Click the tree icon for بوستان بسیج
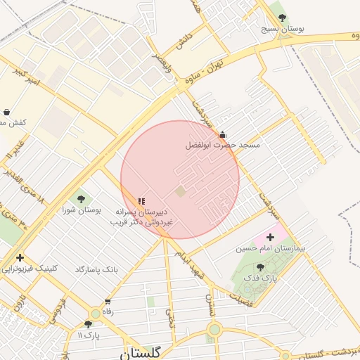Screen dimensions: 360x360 283,18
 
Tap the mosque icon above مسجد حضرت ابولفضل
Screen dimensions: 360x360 223,134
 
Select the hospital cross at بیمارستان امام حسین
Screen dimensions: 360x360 270,238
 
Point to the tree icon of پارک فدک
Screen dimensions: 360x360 261,267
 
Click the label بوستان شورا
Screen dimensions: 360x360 82,210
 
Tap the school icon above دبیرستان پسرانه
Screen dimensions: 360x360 141,201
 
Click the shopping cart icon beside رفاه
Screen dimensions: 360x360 108,302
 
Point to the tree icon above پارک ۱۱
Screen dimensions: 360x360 88,324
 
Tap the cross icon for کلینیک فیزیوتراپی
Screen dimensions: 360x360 20,257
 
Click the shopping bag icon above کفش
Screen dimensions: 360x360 6,112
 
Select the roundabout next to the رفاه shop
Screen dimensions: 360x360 95,314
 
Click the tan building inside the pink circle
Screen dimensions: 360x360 181,191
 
